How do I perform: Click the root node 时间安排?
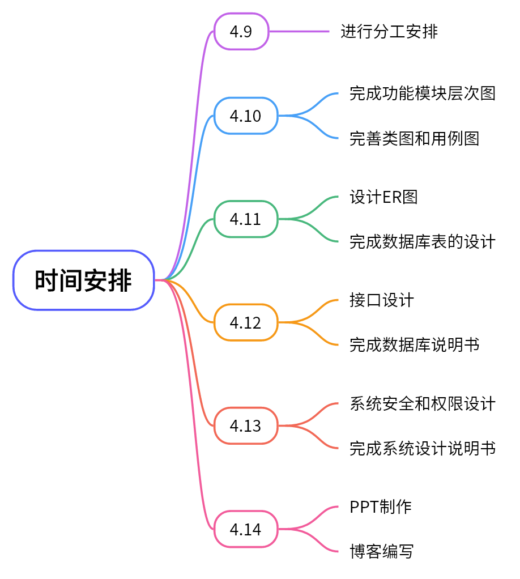(83, 280)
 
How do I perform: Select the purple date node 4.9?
(241, 31)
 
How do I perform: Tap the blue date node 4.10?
(245, 116)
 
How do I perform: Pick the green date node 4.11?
(245, 219)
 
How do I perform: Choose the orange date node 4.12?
(245, 322)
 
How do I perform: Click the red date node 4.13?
(245, 425)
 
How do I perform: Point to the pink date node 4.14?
(245, 529)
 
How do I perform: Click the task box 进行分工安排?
(389, 31)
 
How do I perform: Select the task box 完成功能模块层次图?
(423, 93)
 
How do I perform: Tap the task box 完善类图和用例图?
(415, 138)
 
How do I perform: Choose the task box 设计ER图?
(383, 197)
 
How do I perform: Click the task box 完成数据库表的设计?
(423, 241)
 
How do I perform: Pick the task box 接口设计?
(382, 300)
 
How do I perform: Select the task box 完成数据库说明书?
(415, 344)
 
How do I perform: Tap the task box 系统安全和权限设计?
(423, 403)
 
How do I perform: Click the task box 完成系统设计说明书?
(423, 448)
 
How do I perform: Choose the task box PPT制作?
(381, 506)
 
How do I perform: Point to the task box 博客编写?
(382, 551)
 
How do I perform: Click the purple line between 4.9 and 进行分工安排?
(299, 31)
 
